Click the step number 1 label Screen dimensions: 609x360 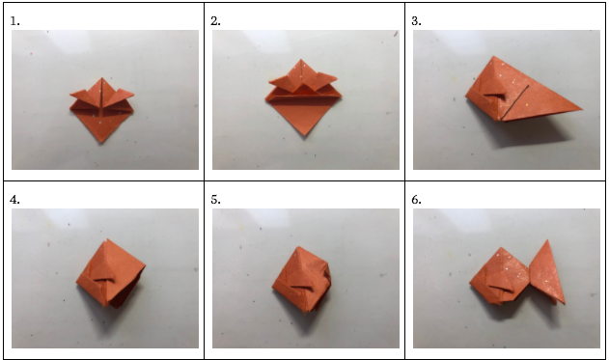[14, 21]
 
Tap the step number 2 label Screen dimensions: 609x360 [215, 21]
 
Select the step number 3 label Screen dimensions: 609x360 [416, 21]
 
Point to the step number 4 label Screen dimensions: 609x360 [14, 200]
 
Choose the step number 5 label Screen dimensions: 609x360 [215, 200]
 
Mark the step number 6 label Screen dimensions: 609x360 [416, 200]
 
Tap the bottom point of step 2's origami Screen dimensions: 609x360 [305, 135]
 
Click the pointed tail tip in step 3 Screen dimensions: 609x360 [582, 109]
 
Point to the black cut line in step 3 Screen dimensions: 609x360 [515, 102]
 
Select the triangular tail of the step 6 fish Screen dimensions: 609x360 [547, 272]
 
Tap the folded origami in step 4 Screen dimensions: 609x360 [110, 273]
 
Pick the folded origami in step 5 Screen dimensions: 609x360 [301, 279]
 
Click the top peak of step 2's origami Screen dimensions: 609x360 [301, 60]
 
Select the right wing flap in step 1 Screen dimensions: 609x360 [120, 96]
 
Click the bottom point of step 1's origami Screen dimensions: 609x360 [101, 143]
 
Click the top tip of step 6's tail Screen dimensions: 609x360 [547, 240]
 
